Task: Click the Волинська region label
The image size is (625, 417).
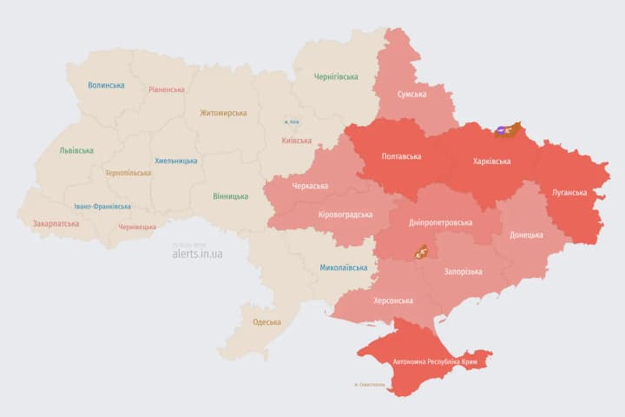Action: coord(106,85)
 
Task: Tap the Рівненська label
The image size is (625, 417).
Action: coord(166,89)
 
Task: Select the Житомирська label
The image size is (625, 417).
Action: coord(223,113)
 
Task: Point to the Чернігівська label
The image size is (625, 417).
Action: coord(336,76)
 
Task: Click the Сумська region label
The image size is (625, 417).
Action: coord(411,94)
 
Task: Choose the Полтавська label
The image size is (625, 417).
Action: coord(402,157)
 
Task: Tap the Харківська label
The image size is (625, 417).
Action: coord(491,162)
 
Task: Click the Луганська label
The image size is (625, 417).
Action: coord(569,192)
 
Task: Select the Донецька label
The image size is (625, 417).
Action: coord(526,235)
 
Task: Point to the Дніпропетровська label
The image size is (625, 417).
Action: coord(441,222)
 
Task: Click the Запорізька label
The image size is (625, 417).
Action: coord(463,272)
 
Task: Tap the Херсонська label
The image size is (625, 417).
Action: coord(392,301)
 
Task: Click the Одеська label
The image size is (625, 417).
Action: coord(266,322)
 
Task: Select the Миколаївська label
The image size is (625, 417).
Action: coord(343,268)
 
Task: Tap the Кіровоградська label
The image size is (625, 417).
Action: coord(345,215)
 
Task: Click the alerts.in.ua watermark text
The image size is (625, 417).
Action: coord(197,254)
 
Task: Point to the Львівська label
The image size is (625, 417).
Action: coord(76,150)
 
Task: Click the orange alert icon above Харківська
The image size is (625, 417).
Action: coord(506,130)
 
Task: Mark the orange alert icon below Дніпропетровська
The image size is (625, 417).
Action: coord(421,252)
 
